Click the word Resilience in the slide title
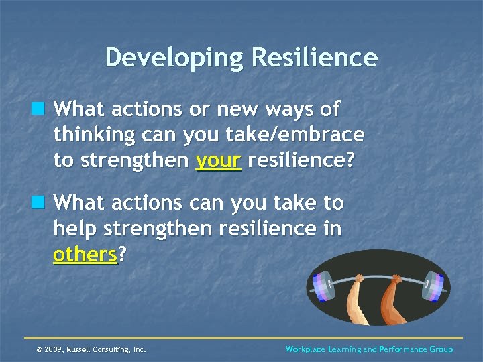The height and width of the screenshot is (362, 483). pyautogui.click(x=315, y=58)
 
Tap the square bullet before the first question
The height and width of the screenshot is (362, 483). pyautogui.click(x=44, y=109)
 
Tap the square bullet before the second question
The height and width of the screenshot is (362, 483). pyautogui.click(x=44, y=202)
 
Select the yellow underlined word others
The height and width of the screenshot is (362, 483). pyautogui.click(x=85, y=255)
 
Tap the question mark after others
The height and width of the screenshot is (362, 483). pyautogui.click(x=122, y=255)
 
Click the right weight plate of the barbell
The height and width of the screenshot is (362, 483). pyautogui.click(x=432, y=282)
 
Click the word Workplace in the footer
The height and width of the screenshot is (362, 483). pyautogui.click(x=306, y=349)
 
